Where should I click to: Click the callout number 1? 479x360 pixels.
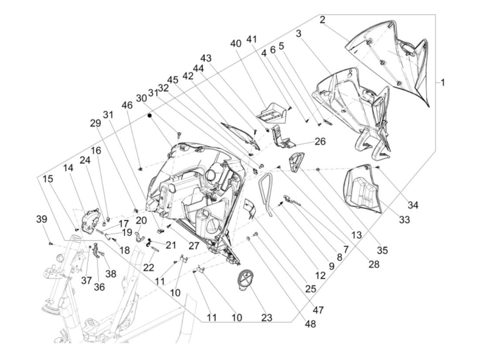click(x=442, y=83)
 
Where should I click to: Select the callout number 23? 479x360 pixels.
click(x=267, y=318)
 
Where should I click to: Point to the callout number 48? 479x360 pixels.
click(x=310, y=324)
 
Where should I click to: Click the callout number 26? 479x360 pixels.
click(x=320, y=141)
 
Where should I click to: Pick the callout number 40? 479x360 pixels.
click(x=236, y=44)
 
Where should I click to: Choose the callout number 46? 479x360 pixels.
click(x=127, y=105)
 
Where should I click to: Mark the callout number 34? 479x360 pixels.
click(x=413, y=205)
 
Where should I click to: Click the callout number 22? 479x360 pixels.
click(x=148, y=268)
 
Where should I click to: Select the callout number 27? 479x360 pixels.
click(x=194, y=246)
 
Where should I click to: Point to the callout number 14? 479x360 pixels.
click(x=68, y=168)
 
